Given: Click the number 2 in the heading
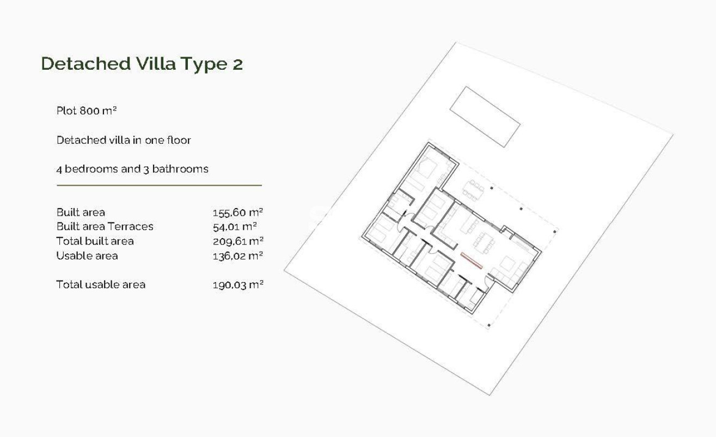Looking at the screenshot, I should (x=237, y=64).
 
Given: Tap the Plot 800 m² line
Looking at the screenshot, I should (x=87, y=111).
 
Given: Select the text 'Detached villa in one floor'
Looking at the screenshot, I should (x=124, y=140).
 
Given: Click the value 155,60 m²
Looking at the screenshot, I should (x=238, y=213).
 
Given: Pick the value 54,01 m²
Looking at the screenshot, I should (x=235, y=227).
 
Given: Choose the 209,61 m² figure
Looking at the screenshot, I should (x=238, y=241).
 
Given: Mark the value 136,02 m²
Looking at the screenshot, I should (x=238, y=256).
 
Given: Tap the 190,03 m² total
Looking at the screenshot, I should (x=238, y=284).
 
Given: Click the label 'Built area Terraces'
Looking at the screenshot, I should (x=105, y=227).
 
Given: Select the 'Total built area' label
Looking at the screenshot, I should (x=95, y=241).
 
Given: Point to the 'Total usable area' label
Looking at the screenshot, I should (x=101, y=284).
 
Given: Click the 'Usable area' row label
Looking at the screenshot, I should (x=87, y=256).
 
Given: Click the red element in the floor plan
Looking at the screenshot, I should (x=472, y=261).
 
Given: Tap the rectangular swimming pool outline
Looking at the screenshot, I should (x=485, y=117).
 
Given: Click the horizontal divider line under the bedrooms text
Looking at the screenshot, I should (x=159, y=185).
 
